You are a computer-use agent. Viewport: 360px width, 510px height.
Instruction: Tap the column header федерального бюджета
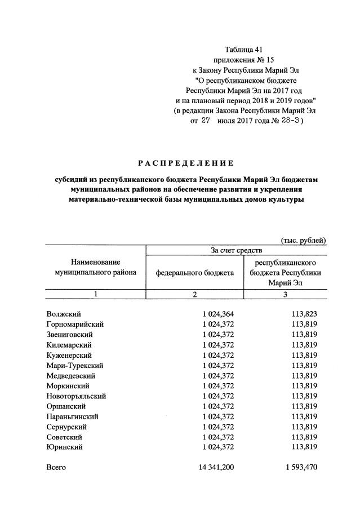(x=194, y=273)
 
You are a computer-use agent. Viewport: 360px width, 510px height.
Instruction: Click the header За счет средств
(x=235, y=250)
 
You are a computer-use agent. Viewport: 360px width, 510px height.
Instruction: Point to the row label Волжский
(x=64, y=314)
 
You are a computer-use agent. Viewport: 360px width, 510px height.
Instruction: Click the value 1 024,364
(x=217, y=314)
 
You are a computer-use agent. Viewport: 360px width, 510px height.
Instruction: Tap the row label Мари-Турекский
(x=74, y=365)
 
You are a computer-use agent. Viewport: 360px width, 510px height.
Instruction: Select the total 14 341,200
(x=214, y=467)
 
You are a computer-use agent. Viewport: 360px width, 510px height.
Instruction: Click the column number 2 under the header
(x=194, y=294)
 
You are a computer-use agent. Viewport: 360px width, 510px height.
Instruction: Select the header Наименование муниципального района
(x=95, y=267)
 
